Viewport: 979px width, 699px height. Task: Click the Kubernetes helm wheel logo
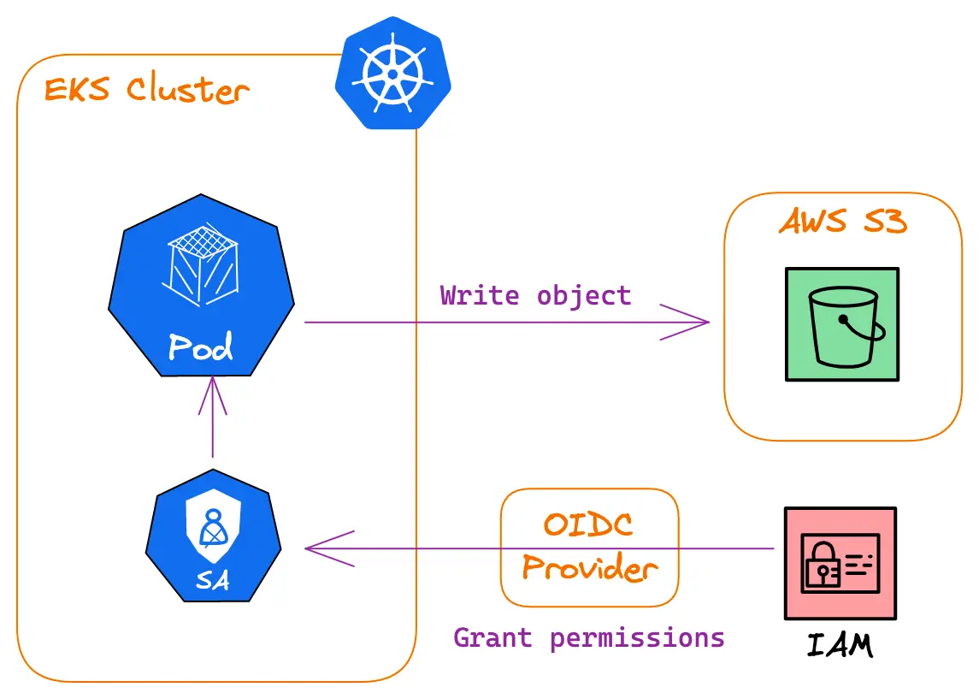coord(392,74)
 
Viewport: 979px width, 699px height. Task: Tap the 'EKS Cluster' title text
coord(146,90)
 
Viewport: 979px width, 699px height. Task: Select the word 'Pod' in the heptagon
coord(201,347)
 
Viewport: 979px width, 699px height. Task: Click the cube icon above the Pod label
coord(201,264)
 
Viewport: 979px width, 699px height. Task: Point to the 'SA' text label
coord(212,580)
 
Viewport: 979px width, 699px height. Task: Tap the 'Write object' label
coord(536,296)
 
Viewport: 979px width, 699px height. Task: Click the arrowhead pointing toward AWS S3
coord(693,323)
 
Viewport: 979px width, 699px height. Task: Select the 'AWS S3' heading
coord(842,222)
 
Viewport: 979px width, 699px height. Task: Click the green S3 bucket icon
coord(842,323)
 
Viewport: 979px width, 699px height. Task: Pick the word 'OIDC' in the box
coord(588,523)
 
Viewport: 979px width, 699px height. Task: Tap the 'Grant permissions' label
coord(589,638)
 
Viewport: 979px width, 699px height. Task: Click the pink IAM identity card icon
coord(840,563)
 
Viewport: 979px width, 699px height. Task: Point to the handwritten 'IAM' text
coord(840,645)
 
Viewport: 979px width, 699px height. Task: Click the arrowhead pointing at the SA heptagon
coord(321,548)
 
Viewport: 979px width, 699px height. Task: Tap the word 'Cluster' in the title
coord(188,90)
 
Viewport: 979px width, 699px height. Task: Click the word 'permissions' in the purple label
coord(637,638)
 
